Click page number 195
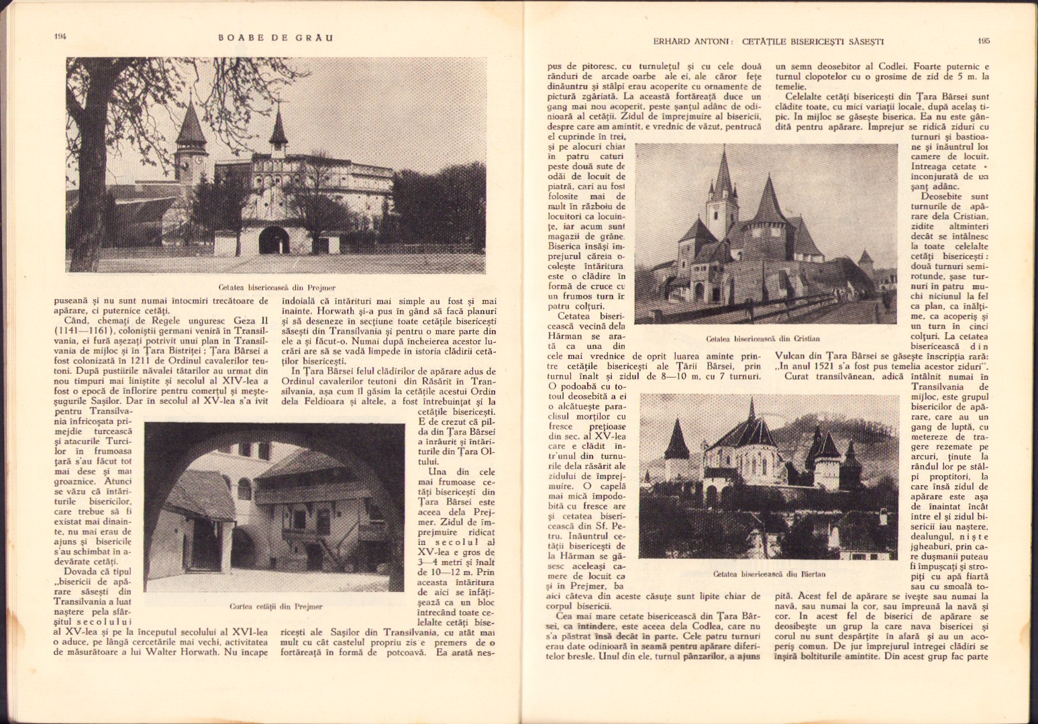pyautogui.click(x=983, y=41)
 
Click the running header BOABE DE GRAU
pyautogui.click(x=275, y=38)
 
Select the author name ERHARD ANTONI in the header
pyautogui.click(x=692, y=42)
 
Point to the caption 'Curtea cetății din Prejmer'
pyautogui.click(x=276, y=607)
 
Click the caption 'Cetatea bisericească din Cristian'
pyautogui.click(x=763, y=339)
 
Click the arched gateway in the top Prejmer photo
pyautogui.click(x=272, y=240)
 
